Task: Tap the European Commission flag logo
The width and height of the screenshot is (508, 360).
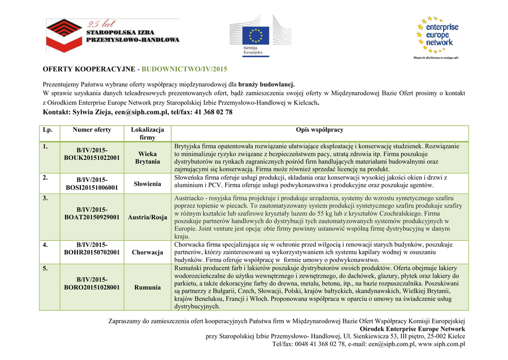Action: (256, 37)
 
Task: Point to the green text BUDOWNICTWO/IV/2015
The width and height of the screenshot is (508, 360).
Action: (185, 69)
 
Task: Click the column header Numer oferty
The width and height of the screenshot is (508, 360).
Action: (92, 130)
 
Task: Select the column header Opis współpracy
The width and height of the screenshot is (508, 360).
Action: (319, 130)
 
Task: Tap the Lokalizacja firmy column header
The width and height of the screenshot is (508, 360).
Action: (147, 134)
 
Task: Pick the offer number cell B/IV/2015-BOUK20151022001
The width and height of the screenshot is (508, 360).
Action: (92, 154)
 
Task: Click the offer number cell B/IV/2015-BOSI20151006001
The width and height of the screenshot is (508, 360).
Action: (92, 184)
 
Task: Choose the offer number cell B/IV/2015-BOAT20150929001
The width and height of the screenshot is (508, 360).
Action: (92, 214)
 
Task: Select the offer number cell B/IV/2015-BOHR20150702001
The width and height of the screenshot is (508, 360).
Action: (92, 248)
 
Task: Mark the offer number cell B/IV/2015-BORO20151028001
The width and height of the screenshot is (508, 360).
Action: (92, 284)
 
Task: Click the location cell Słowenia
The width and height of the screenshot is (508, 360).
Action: (147, 184)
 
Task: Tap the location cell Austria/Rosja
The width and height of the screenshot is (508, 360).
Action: (147, 217)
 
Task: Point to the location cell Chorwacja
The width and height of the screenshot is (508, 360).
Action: (147, 252)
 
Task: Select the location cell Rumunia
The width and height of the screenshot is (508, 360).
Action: (147, 288)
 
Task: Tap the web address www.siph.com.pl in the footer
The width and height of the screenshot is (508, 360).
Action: (442, 344)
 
